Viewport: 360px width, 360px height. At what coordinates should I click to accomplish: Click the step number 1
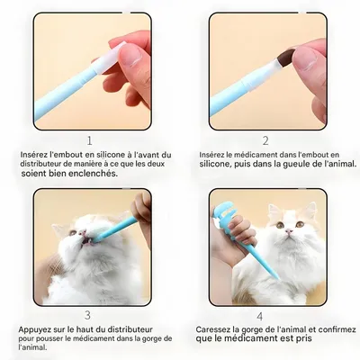[x=89, y=140]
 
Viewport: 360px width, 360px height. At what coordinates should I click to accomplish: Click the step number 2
[x=265, y=140]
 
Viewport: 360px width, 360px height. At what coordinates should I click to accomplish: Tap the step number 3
[x=87, y=315]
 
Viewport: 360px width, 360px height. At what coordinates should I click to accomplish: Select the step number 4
[x=259, y=316]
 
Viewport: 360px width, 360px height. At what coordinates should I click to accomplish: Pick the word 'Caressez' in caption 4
[x=216, y=330]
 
